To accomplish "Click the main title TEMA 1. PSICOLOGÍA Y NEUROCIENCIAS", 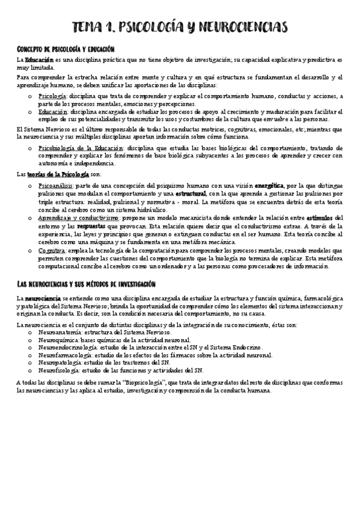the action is [x=180, y=26].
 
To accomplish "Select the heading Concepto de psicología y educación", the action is [x=66, y=48].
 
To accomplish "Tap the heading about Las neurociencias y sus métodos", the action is [x=86, y=283].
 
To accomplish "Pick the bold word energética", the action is [x=268, y=186].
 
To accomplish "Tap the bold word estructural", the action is [x=190, y=194].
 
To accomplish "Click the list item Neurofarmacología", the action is [x=68, y=355].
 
